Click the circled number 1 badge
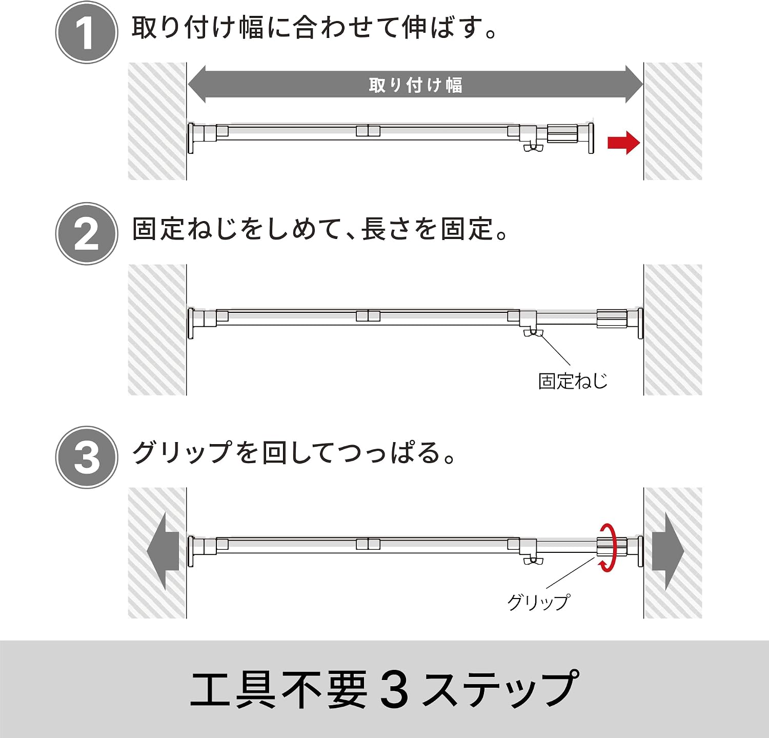(87, 32)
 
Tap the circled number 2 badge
(87, 233)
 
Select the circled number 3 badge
(87, 457)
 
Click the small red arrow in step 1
(623, 143)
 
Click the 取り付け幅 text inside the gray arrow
(416, 85)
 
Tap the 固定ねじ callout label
(573, 381)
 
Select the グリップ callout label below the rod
(538, 602)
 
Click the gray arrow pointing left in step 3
(163, 552)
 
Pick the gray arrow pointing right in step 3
(668, 552)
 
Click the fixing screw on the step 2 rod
(533, 333)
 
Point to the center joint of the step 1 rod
(368, 131)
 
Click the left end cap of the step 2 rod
(191, 323)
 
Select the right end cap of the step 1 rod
(591, 138)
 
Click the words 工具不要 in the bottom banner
(279, 689)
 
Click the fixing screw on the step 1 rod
(533, 148)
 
